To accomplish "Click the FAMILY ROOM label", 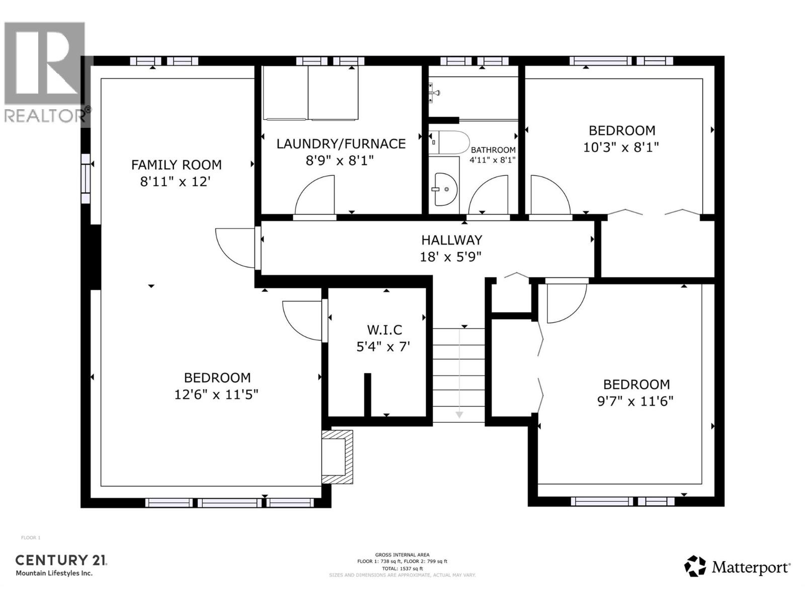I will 176,165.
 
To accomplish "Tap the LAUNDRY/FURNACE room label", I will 341,144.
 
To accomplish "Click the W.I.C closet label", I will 384,330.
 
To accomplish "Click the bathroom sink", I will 445,189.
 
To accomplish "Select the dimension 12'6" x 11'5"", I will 216,394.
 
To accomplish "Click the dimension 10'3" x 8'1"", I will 621,147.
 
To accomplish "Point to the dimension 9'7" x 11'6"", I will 636,401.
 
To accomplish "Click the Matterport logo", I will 737,567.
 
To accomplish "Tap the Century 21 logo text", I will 61,560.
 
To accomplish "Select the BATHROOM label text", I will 493,150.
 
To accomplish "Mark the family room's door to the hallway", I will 234,248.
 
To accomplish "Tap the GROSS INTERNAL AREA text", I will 402,555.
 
